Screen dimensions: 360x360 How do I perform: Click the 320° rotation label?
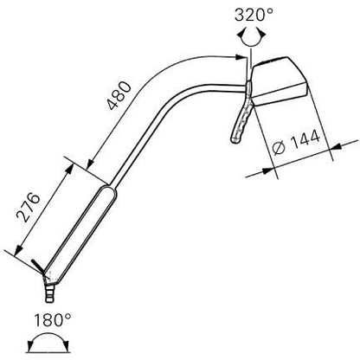click(254, 15)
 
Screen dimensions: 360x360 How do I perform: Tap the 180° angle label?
click(53, 320)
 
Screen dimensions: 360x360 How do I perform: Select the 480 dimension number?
click(119, 95)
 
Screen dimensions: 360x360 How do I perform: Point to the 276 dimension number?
click(28, 207)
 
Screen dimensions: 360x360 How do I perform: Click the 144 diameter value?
click(305, 140)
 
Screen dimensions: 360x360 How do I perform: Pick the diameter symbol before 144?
click(279, 148)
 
